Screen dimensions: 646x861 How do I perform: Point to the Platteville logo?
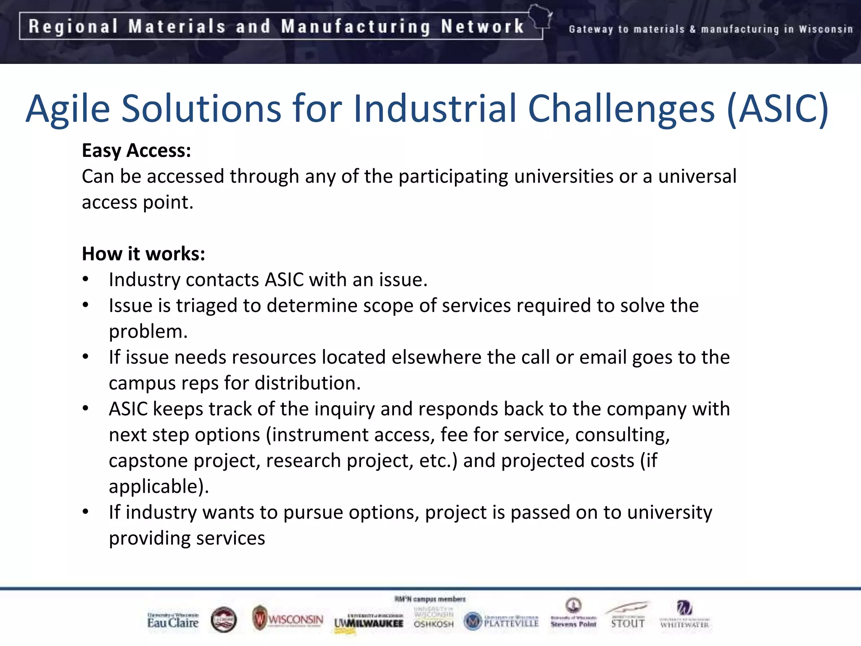point(501,621)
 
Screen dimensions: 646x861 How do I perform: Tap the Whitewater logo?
point(684,615)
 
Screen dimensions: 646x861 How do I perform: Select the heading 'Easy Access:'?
point(136,151)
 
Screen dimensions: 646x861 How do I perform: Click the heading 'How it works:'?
point(143,254)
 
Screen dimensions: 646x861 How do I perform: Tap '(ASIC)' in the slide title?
point(778,109)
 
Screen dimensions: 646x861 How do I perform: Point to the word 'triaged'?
point(206,306)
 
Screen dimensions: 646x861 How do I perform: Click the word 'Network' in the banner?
point(482,26)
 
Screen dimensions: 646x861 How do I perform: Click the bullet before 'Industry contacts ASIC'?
point(86,280)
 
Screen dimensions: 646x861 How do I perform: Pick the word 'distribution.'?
point(307,383)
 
